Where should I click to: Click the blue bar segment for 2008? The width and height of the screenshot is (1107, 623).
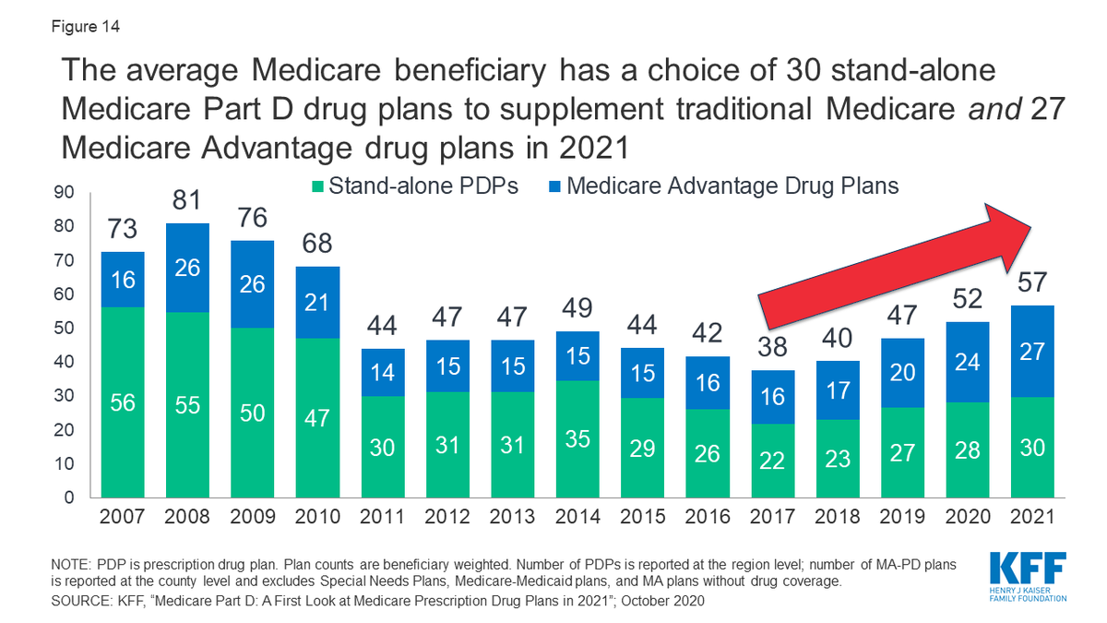pos(188,268)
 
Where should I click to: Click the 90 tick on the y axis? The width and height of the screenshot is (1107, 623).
pos(64,194)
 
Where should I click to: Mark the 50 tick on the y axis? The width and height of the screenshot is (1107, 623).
pos(64,329)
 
